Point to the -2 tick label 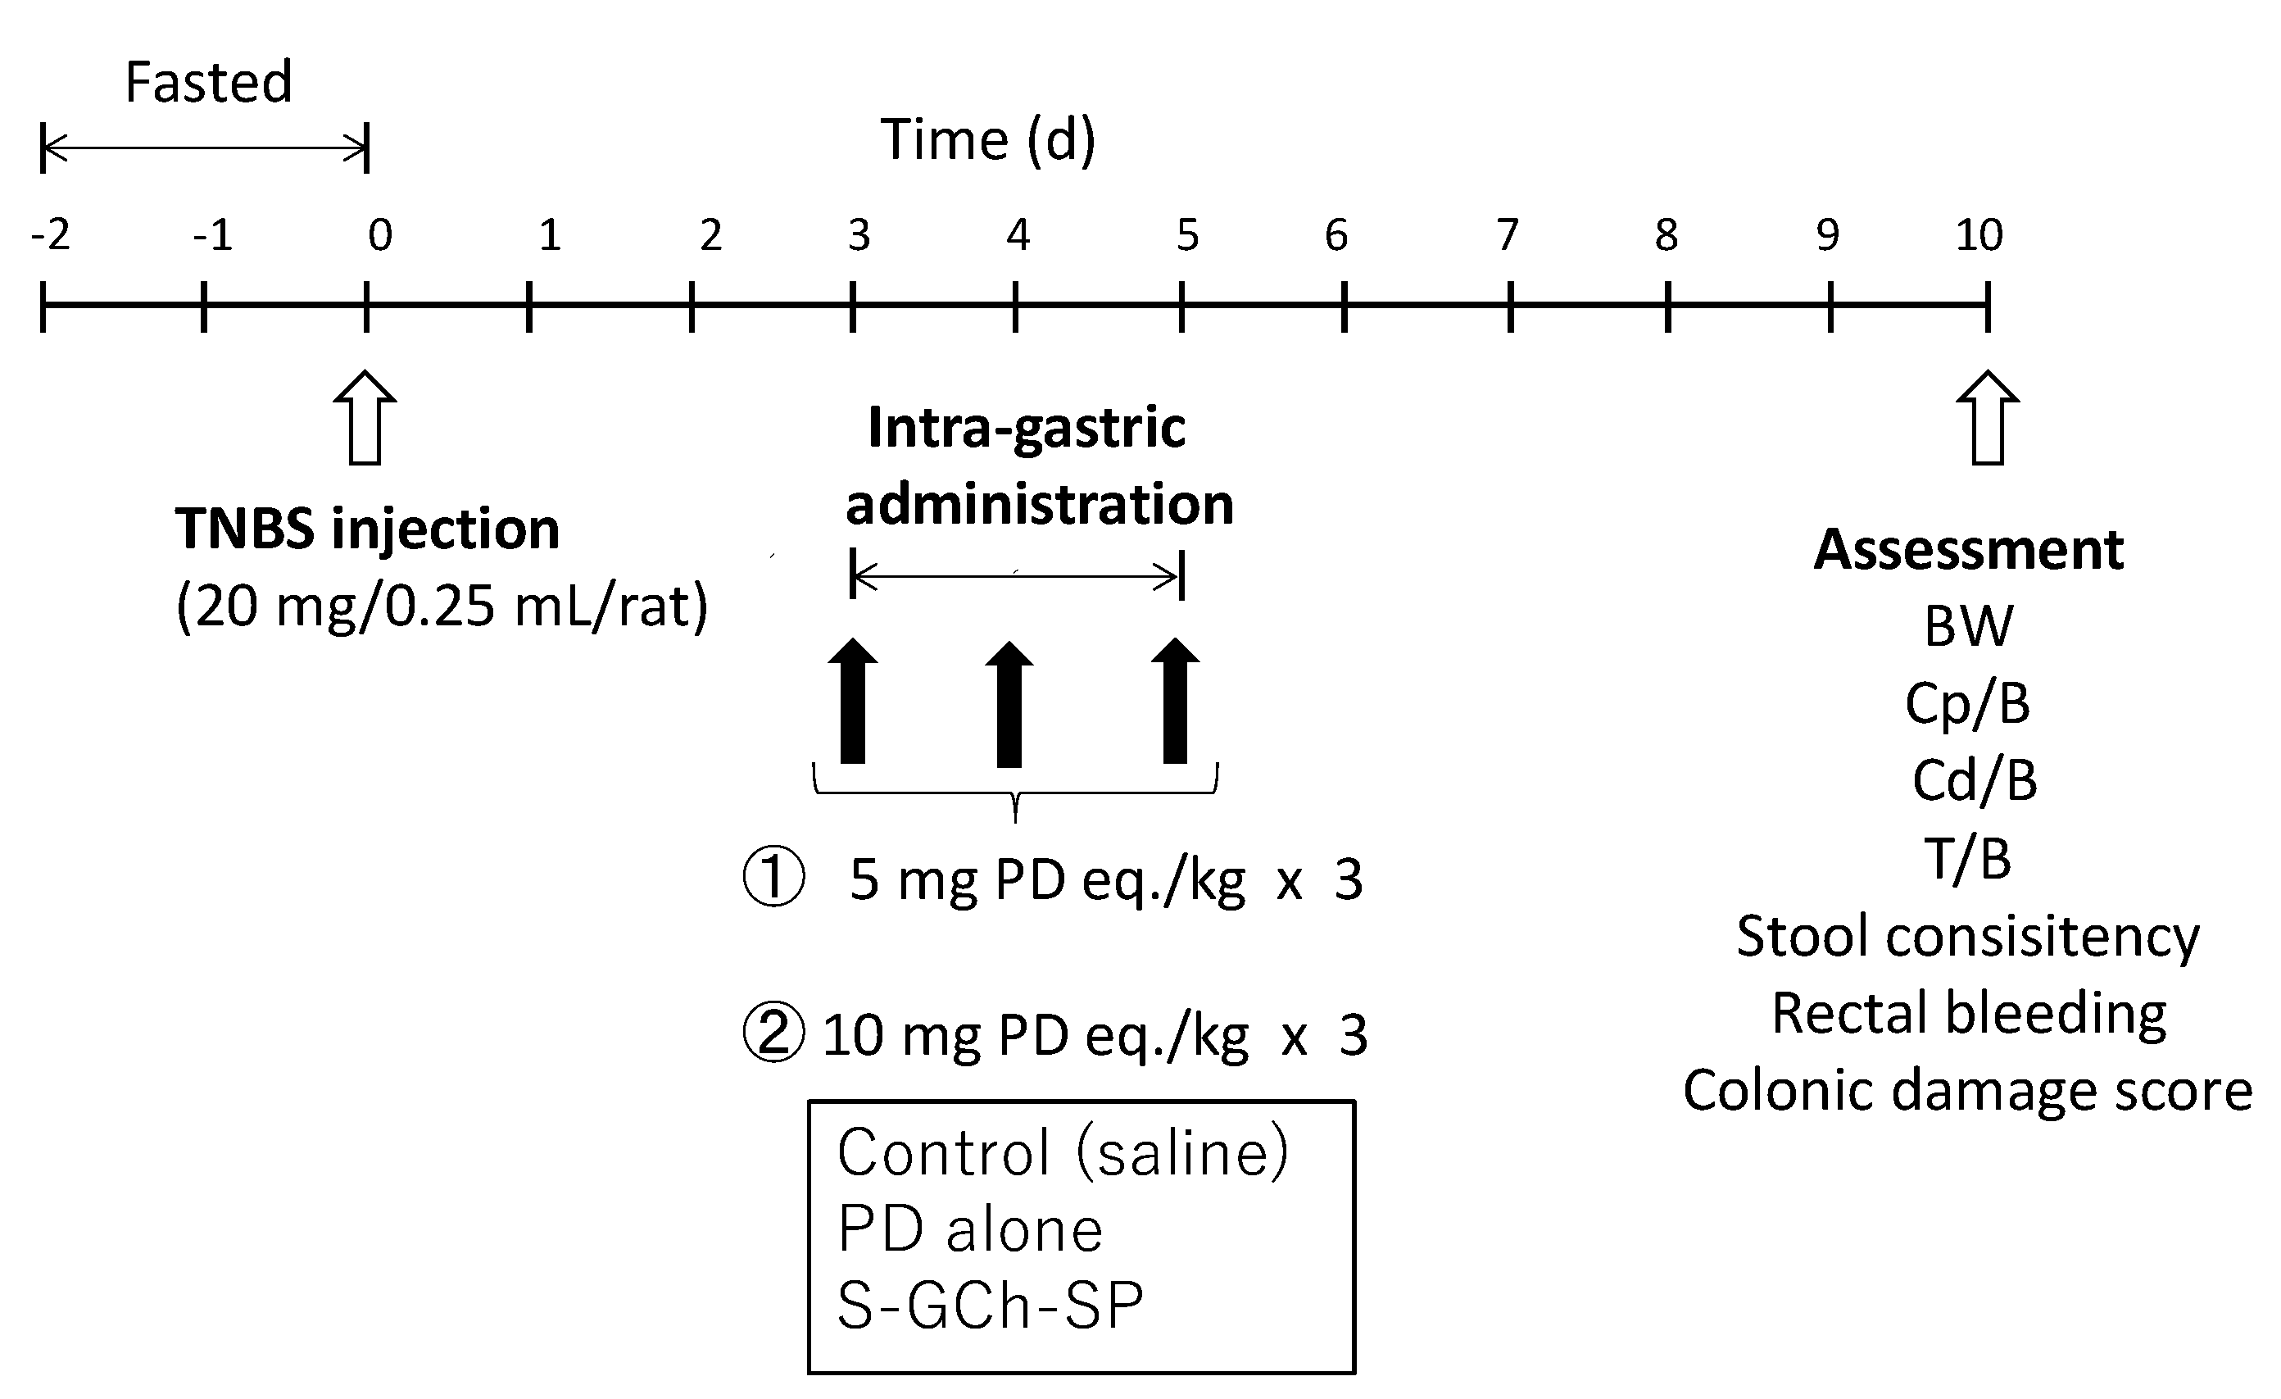(x=50, y=235)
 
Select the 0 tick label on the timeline (x=379, y=235)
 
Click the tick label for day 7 (x=1508, y=235)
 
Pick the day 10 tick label (x=1979, y=235)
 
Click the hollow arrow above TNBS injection (x=365, y=418)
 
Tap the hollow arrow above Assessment (x=1988, y=418)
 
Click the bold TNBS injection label (x=368, y=529)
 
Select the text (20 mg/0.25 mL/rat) (x=442, y=606)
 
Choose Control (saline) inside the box (x=1062, y=1152)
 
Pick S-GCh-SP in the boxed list (x=990, y=1306)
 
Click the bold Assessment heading (x=1968, y=549)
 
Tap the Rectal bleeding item (x=1968, y=1013)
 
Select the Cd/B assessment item (x=1974, y=780)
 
